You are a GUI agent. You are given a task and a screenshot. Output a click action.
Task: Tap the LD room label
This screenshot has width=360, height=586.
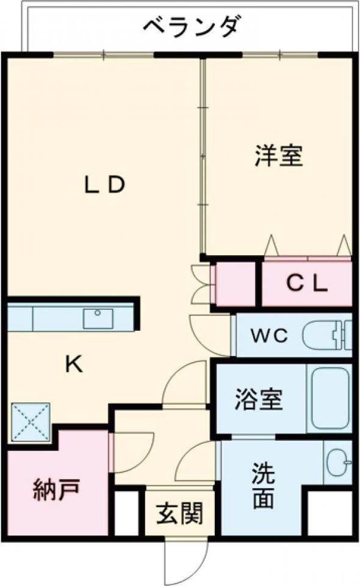pos(104,184)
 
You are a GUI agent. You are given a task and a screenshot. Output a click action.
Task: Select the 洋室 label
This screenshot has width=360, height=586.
pos(278,156)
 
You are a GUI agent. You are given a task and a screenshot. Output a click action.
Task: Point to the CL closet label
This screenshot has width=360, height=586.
pos(308,283)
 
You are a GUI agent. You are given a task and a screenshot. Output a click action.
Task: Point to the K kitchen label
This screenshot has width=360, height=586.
pos(74,365)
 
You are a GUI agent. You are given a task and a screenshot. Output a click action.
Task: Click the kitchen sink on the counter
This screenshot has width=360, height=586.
pos(98,318)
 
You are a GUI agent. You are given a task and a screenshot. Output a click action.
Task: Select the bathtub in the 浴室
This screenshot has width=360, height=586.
pos(330,398)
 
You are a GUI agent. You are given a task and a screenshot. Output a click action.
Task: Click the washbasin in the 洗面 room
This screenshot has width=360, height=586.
pos(337,462)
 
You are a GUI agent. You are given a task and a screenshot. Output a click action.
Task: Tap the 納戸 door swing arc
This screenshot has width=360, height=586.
pos(131,452)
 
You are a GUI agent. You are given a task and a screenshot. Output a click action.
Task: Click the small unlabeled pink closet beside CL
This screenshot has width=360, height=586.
pos(234,284)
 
